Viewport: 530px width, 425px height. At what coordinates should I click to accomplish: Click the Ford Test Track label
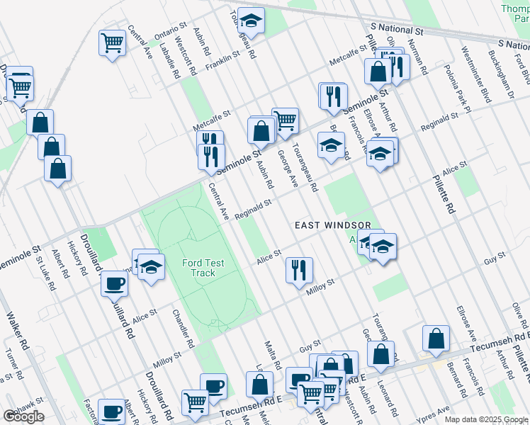[203, 268]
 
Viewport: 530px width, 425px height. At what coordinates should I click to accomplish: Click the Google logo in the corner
[23, 416]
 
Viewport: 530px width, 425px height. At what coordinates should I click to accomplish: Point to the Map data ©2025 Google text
[486, 419]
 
